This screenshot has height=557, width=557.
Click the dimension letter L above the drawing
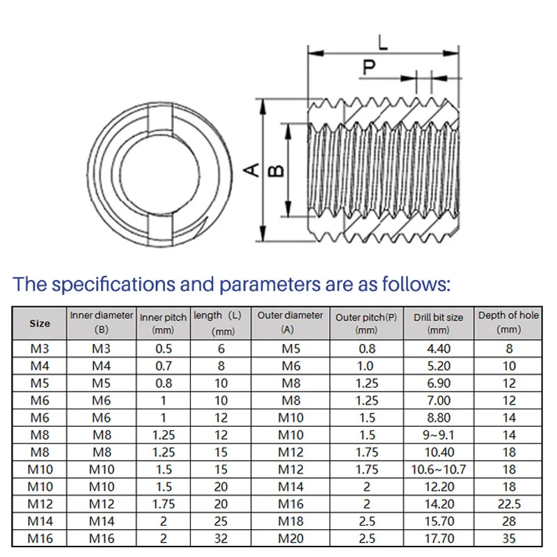(383, 42)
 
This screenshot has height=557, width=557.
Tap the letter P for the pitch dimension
(369, 67)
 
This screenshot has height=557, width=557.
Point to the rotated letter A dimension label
(251, 170)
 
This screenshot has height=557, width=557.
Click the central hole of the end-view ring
(159, 175)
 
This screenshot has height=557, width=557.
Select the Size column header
(40, 323)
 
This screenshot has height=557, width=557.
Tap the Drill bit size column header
(439, 323)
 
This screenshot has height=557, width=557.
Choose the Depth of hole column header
(508, 322)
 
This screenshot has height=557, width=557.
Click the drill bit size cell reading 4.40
(439, 349)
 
